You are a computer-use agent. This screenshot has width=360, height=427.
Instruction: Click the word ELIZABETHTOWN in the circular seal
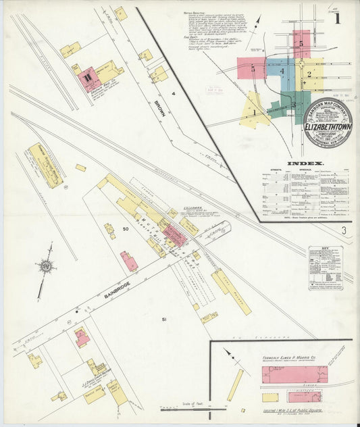(x=327, y=126)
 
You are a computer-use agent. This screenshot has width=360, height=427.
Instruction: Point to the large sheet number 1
(x=336, y=18)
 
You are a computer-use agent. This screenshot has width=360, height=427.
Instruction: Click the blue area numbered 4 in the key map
(x=282, y=70)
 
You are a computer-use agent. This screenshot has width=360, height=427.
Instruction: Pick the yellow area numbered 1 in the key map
(x=254, y=111)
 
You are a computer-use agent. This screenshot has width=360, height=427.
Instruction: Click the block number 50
(x=125, y=230)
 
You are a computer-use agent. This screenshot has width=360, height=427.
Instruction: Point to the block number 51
(x=163, y=318)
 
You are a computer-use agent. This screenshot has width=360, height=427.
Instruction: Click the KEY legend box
(x=326, y=268)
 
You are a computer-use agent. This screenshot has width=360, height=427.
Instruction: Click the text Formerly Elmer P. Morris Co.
(x=290, y=358)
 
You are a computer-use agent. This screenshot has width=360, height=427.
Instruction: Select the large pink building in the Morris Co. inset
(x=294, y=375)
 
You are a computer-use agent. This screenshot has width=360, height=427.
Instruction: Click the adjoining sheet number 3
(x=343, y=232)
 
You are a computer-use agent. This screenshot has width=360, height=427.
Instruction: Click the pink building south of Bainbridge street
(x=82, y=336)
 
